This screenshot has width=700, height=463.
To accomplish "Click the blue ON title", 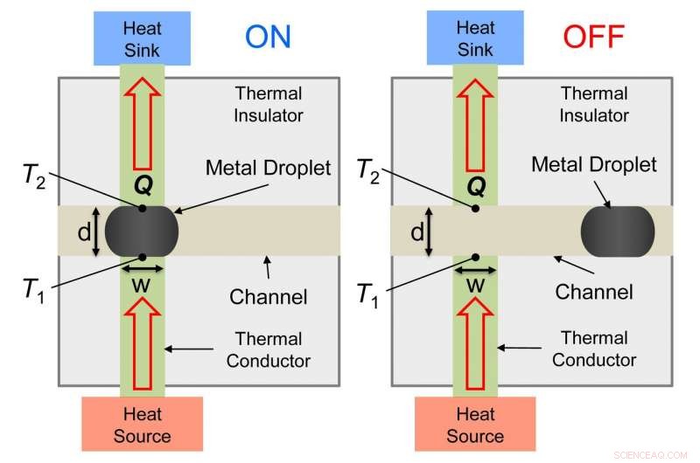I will pos(268,36).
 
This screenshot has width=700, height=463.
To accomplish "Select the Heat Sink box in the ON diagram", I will pos(142,38).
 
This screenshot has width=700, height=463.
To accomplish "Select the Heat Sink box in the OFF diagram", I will pos(475,38).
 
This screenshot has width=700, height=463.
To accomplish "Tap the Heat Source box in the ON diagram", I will pos(142,425).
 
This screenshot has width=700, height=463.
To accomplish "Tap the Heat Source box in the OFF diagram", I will pos(475,425).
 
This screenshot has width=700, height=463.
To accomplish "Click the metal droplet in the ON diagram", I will pos(142,231).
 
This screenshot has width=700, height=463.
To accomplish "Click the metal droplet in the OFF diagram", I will pos(618,231).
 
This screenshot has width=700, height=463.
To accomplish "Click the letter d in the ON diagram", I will pos(84,232).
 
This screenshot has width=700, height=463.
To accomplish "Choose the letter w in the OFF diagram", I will pos(475,285).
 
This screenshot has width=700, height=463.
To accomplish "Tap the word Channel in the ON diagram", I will pos(269,297).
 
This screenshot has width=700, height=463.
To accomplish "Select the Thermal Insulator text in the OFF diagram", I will pos(594,104).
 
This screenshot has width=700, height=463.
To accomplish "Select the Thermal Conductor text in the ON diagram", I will pos(269,349).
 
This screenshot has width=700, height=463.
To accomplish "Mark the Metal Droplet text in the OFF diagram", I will pos(605,164).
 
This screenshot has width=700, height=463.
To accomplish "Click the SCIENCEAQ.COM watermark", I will pos(653,454).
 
